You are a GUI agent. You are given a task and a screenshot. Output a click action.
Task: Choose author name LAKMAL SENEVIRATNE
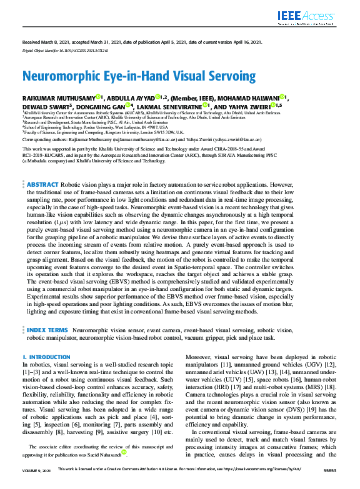click(x=171, y=106)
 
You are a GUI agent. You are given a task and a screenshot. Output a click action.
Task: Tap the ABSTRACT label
click(x=42, y=167)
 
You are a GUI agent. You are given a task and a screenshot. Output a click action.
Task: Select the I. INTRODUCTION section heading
click(x=46, y=357)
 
